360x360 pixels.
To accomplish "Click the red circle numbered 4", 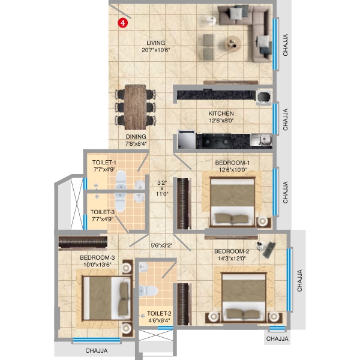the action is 123,23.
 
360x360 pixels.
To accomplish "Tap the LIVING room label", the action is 155,43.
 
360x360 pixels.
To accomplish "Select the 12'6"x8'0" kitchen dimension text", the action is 221,121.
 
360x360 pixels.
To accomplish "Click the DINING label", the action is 136,137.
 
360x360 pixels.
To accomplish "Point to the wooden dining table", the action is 135,107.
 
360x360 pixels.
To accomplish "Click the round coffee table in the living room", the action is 233,43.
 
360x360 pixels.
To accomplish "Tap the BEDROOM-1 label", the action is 232,163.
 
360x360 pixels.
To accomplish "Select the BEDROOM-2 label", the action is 232,251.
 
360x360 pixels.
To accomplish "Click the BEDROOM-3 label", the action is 97,257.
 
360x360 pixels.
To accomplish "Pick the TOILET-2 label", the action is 159,314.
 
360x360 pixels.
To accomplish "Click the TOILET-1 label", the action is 104,163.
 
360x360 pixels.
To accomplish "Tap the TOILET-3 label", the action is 102,212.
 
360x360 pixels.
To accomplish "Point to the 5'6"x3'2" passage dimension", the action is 161,245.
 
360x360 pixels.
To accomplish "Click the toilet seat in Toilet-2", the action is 148,291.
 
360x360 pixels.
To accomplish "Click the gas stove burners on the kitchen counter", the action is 217,142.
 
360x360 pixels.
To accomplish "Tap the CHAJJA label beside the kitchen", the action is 285,119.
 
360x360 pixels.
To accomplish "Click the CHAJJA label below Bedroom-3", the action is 97,350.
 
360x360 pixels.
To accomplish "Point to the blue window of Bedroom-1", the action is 275,192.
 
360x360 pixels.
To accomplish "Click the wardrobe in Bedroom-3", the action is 83,242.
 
